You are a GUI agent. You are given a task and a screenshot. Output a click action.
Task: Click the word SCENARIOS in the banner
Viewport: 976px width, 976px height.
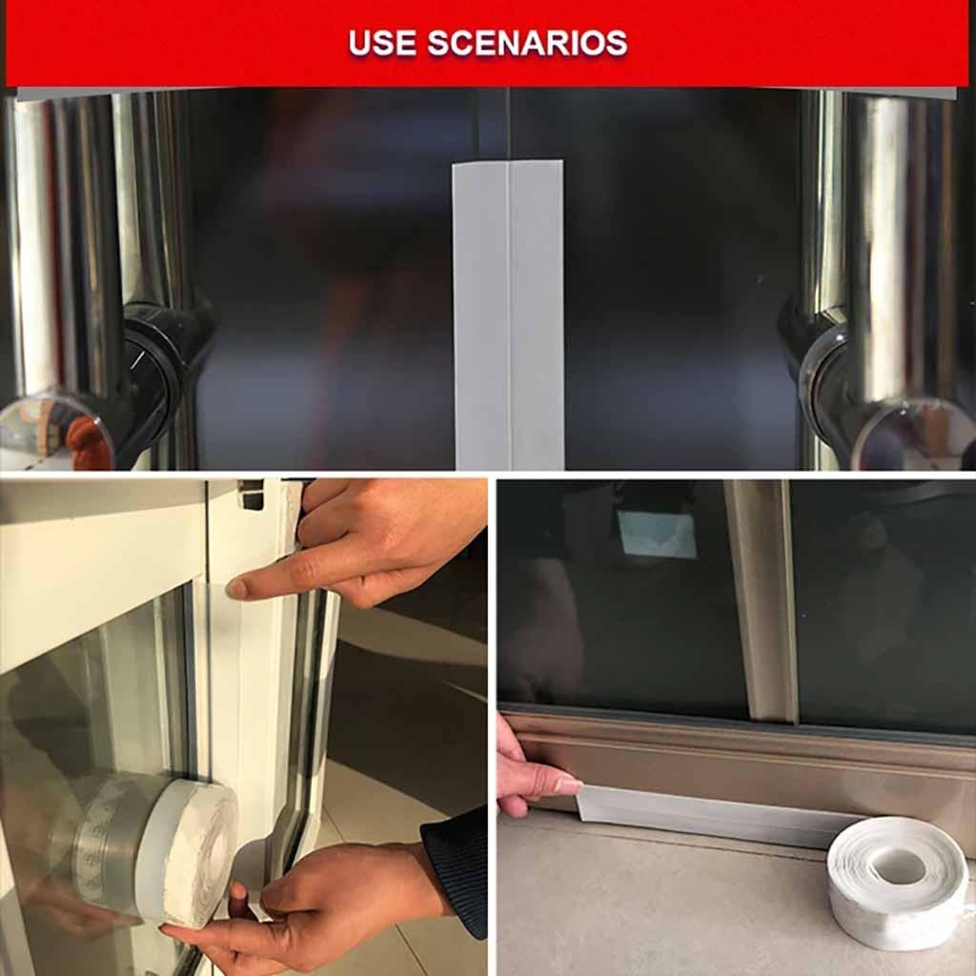point(527,43)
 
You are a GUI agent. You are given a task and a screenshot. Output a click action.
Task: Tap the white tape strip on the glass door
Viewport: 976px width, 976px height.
point(509,315)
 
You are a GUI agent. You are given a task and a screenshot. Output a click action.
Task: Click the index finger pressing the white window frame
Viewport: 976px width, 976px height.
point(276,583)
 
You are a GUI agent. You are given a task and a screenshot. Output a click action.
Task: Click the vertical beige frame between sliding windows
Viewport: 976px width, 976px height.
point(762,600)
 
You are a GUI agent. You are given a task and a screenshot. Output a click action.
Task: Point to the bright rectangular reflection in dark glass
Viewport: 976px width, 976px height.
point(658,535)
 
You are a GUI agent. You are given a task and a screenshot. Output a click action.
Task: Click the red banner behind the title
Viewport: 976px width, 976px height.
point(143,43)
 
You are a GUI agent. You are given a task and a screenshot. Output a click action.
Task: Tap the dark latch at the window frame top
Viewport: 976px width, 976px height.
point(252,493)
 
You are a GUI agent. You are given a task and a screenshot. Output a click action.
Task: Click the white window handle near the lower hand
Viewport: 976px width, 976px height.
point(281,839)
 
